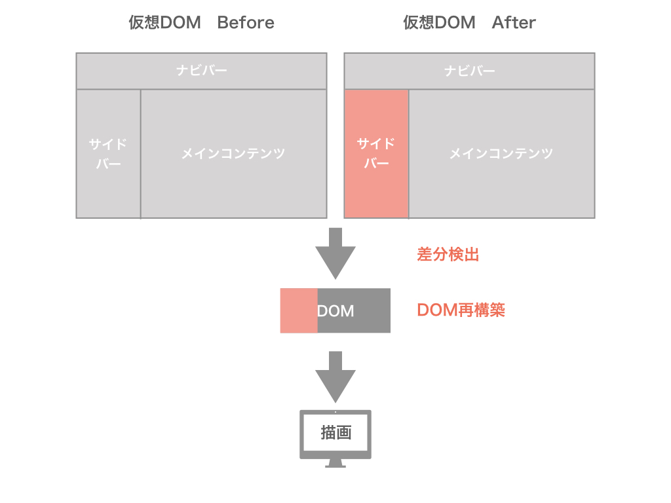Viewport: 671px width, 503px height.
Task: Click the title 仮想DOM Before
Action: pos(201,23)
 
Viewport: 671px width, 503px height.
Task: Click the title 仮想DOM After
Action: pos(469,23)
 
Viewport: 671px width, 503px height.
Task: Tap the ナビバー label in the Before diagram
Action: pos(201,71)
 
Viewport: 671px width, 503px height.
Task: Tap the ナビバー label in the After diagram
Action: pos(469,71)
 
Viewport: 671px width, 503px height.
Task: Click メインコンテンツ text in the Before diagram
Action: pos(233,154)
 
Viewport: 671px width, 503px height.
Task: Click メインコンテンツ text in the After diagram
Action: pos(501,154)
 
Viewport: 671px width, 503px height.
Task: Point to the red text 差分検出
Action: pos(448,254)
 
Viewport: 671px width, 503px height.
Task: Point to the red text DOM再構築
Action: pos(461,310)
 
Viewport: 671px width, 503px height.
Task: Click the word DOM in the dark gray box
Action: pos(335,311)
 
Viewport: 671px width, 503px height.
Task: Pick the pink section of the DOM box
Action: pos(299,310)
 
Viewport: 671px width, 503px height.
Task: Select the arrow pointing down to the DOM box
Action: pos(335,252)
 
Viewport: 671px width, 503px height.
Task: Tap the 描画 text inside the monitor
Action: pos(335,433)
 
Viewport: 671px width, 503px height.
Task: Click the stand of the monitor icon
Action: pos(335,463)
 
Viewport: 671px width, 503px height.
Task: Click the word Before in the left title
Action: pos(246,23)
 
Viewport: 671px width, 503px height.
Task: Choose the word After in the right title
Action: pos(514,23)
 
